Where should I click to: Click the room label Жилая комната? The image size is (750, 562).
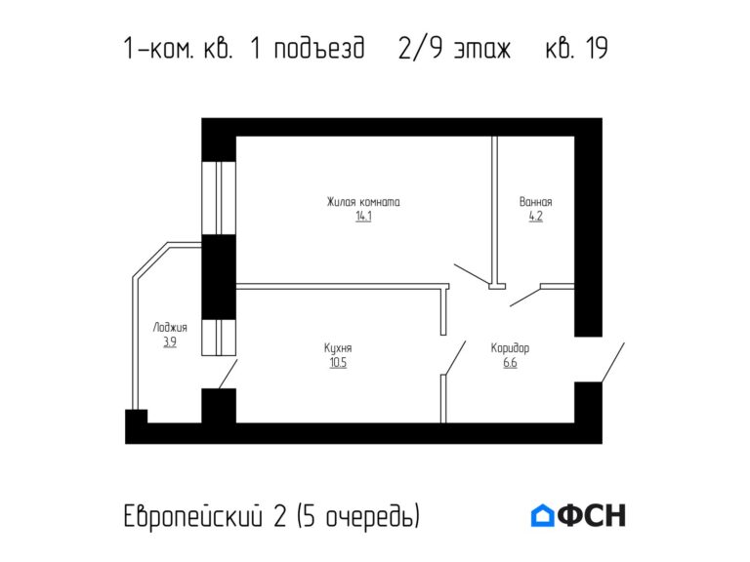(363, 203)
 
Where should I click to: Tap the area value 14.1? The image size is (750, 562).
(363, 217)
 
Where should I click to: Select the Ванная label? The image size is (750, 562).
(535, 203)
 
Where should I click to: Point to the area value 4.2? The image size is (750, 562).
(535, 217)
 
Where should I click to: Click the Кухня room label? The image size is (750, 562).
(338, 348)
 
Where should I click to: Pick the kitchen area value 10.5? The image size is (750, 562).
(338, 362)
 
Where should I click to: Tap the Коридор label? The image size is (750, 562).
(510, 348)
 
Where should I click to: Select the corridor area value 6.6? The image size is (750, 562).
(510, 362)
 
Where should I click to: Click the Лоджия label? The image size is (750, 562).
(170, 328)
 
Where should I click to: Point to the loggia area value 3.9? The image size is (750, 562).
(170, 341)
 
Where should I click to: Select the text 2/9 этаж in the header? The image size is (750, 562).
(455, 49)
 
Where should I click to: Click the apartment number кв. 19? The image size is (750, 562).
(576, 49)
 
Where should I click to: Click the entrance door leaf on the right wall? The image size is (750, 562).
(611, 363)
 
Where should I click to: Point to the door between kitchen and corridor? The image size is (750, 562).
(453, 357)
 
